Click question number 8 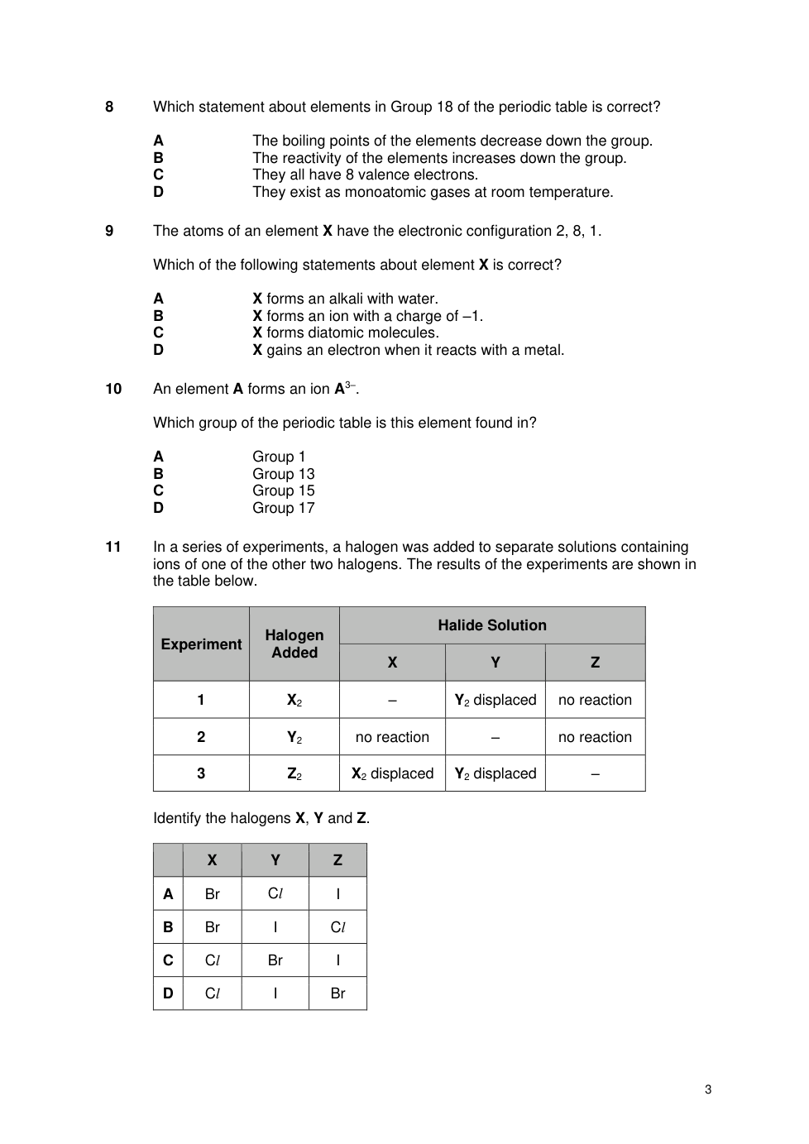click(109, 107)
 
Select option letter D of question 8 click(158, 192)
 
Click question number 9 click(109, 231)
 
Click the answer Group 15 click(284, 491)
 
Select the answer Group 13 click(284, 474)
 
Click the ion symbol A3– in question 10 click(345, 388)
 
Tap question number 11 click(113, 547)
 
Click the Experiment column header click(201, 644)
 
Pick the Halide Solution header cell click(492, 625)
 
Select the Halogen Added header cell click(294, 644)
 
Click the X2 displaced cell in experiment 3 click(392, 773)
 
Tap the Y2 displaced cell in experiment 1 click(495, 700)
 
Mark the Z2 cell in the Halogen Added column click(294, 773)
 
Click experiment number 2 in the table click(201, 737)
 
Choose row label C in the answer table click(168, 960)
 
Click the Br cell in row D click(337, 993)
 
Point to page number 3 click(708, 1089)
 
